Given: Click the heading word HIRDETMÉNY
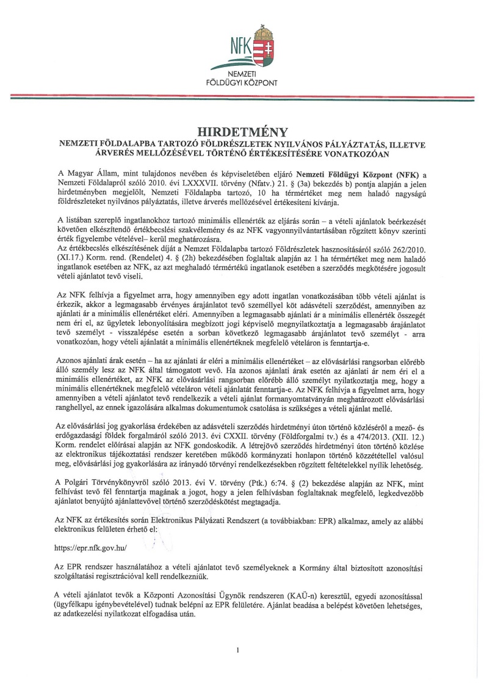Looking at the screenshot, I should tap(241, 131).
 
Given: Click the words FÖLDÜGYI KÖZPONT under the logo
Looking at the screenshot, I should tap(242, 81).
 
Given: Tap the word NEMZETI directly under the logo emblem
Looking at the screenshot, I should tap(242, 73).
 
